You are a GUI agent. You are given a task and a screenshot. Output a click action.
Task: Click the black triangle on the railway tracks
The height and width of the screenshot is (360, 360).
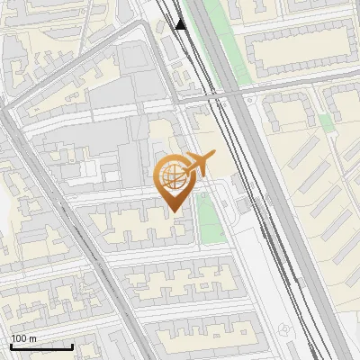[181, 24]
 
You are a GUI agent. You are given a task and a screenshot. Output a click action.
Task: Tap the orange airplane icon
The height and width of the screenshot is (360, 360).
[199, 163]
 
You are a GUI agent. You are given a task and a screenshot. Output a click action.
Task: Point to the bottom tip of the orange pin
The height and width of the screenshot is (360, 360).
[172, 211]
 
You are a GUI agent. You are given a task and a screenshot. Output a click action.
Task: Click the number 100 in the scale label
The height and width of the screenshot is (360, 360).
[19, 338]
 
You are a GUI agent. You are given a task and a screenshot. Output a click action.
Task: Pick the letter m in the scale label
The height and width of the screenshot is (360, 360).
[33, 338]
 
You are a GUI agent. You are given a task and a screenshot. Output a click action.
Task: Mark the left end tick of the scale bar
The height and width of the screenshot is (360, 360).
[11, 346]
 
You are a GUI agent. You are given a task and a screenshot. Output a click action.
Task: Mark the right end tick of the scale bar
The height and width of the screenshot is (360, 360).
[72, 346]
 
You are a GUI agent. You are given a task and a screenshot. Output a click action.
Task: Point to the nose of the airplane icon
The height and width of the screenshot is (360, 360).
[214, 155]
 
